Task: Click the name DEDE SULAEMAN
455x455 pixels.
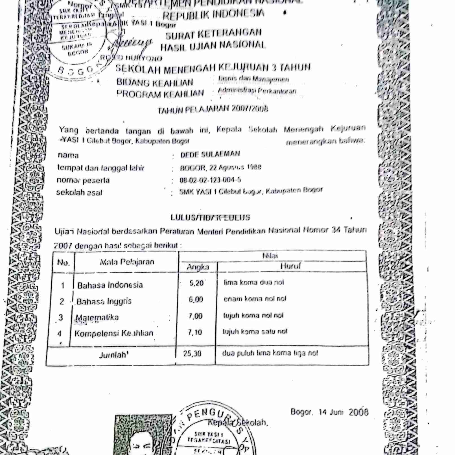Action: [210, 154]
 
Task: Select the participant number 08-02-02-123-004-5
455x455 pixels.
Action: [210, 180]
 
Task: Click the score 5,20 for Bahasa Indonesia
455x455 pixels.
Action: [196, 283]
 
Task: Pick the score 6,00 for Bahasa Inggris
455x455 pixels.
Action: [196, 299]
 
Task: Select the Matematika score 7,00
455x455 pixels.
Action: [195, 316]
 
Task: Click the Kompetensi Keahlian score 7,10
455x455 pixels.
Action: [195, 332]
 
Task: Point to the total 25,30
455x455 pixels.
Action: [192, 353]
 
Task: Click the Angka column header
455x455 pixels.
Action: [198, 267]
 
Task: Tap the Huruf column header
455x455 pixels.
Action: [290, 266]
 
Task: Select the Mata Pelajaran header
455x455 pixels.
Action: [127, 262]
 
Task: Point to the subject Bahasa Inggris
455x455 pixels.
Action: [104, 301]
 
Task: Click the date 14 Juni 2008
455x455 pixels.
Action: [343, 412]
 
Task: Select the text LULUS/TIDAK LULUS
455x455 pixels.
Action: [210, 218]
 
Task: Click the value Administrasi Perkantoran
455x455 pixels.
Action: [257, 91]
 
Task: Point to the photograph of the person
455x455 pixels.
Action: [143, 436]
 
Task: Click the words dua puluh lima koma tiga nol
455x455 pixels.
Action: [270, 353]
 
